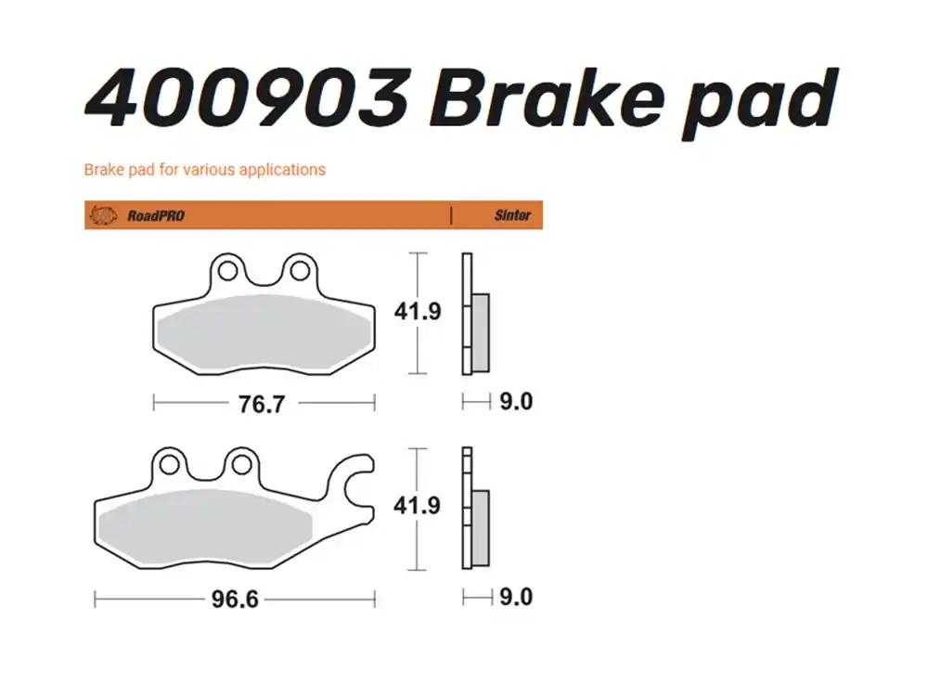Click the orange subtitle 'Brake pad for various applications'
(204, 170)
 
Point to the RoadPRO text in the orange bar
(156, 215)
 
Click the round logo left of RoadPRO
(101, 215)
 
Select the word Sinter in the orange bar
(512, 215)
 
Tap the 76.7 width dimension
(262, 404)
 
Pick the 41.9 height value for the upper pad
(418, 312)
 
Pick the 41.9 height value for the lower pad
(418, 507)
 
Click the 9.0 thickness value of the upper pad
(516, 402)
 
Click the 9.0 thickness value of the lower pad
(516, 597)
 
